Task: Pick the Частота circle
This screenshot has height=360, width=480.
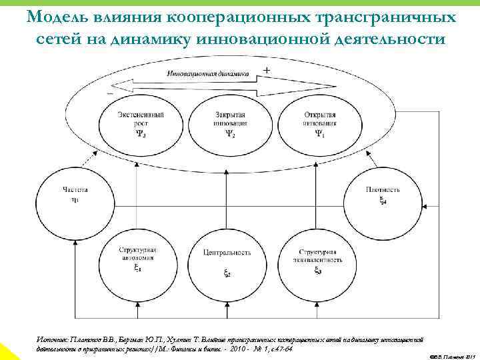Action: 75,195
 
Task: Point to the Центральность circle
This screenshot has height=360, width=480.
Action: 227,261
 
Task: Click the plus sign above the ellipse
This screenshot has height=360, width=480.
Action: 267,70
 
